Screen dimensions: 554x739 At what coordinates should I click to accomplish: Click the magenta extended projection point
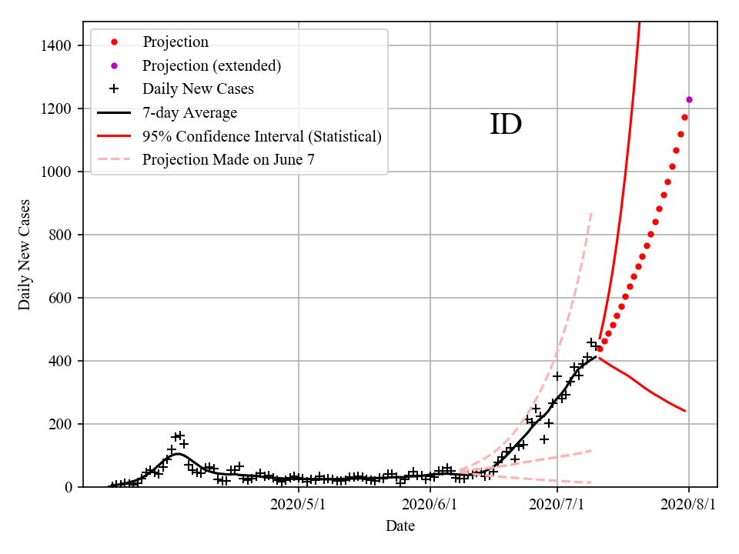coord(689,99)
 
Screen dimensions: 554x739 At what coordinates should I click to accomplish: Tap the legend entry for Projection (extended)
coord(212,65)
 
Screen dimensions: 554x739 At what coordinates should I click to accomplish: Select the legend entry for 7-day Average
coord(189,113)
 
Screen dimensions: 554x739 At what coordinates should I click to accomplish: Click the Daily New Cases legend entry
coord(198,89)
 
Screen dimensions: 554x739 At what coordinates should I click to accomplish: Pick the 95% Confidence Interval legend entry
coord(262,137)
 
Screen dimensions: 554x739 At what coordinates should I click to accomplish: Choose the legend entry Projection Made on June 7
coord(229,160)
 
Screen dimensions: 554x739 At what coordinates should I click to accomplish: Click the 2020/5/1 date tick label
coord(299,506)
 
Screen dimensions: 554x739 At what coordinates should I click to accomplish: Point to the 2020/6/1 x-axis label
coord(429,506)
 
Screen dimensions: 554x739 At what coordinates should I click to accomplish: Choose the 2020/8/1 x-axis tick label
coord(688,506)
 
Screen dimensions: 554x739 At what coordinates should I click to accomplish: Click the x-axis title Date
coord(400,527)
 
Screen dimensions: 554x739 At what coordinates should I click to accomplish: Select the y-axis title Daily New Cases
coord(25,254)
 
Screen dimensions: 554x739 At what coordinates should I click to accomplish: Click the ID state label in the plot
coord(506,125)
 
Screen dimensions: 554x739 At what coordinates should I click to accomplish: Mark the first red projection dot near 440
coord(600,349)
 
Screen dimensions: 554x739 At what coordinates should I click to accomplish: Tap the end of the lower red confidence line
coord(684,411)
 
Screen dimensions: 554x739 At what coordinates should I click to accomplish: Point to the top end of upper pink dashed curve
coord(590,212)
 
